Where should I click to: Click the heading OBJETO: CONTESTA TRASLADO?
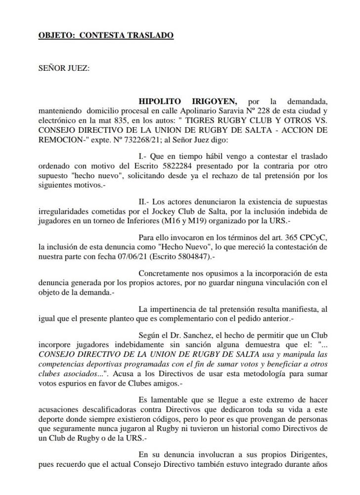click(x=106, y=36)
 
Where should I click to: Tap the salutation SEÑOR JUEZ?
click(x=64, y=68)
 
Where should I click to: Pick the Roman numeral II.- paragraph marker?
click(x=145, y=202)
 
